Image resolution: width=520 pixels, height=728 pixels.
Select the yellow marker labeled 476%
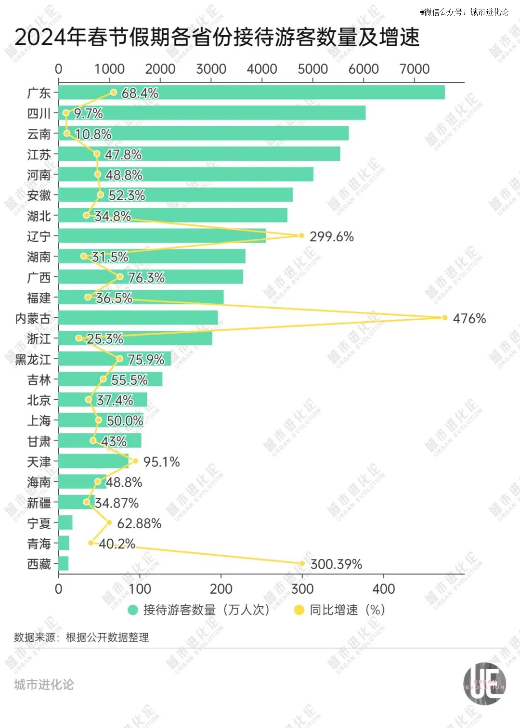[x=444, y=318]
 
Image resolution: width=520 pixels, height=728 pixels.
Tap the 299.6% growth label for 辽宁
[x=331, y=236]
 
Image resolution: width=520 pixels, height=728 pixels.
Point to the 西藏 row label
[x=39, y=564]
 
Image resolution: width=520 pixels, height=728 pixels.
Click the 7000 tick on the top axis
[x=415, y=69]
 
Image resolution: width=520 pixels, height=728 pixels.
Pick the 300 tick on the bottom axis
[x=302, y=588]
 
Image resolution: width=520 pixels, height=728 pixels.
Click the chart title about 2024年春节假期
[x=217, y=37]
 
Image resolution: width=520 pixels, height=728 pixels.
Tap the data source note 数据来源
[x=81, y=637]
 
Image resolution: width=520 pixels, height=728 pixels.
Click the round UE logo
[x=484, y=684]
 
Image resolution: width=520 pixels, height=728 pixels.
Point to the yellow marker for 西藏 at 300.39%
[x=302, y=563]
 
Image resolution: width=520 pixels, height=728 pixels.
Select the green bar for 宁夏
[x=65, y=523]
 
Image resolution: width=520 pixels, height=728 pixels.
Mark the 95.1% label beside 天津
[x=161, y=462]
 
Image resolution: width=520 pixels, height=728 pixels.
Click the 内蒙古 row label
[x=33, y=318]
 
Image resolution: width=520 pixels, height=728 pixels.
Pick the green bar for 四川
[x=212, y=113]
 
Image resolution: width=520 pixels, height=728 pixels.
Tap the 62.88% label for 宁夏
[x=139, y=523]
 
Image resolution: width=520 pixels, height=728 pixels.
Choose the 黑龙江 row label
[x=33, y=359]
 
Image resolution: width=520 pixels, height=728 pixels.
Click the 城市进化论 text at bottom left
[x=44, y=685]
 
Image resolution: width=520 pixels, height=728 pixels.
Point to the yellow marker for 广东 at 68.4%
[x=114, y=92]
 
